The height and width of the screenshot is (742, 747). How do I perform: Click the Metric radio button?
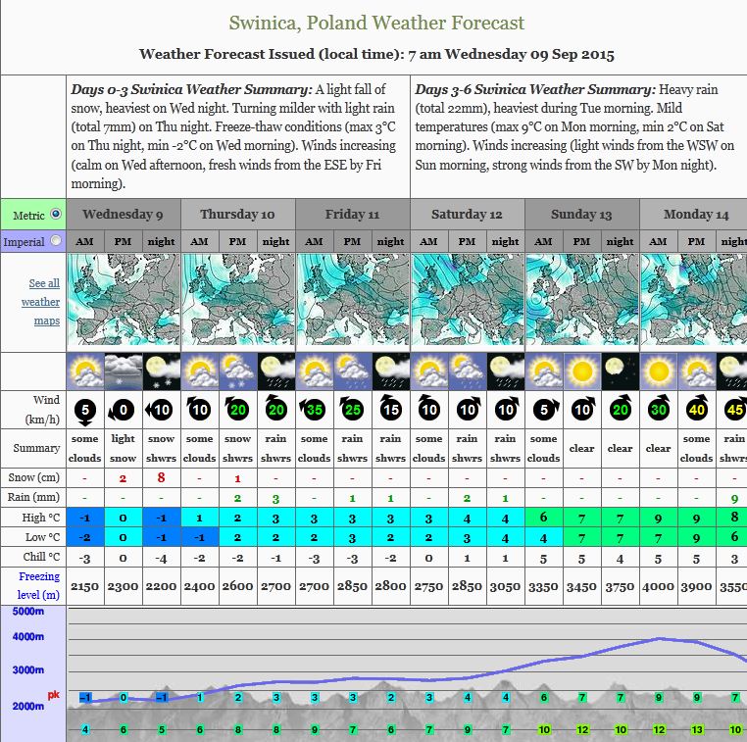(55, 214)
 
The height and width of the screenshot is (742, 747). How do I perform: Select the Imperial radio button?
(55, 240)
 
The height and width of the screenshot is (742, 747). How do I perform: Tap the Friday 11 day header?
(352, 214)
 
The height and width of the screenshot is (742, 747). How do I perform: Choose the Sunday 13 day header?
(581, 214)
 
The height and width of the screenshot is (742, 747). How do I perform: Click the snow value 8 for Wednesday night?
(161, 478)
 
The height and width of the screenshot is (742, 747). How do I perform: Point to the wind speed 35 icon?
(314, 410)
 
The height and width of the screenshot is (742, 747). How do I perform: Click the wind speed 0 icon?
(123, 410)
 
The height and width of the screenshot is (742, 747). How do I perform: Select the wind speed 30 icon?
(658, 410)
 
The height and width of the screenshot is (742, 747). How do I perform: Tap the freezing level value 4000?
(658, 585)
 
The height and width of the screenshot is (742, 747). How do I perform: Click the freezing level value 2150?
(84, 585)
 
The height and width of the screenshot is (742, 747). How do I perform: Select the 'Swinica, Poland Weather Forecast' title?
(376, 23)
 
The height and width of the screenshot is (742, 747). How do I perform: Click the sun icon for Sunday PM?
(581, 371)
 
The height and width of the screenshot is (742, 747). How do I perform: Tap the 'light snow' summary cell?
(123, 448)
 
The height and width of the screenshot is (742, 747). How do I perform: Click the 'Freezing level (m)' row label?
(38, 585)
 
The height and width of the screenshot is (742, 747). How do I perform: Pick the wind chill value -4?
(161, 559)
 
